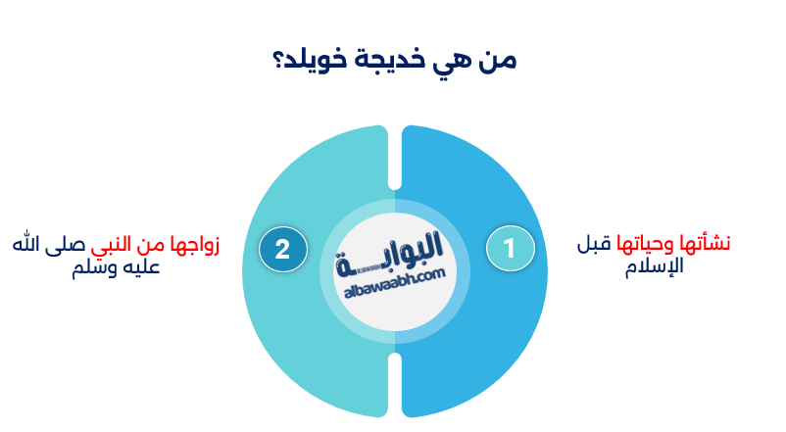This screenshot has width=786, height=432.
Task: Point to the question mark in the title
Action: point(276,59)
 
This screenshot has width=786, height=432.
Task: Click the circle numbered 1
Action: point(510,248)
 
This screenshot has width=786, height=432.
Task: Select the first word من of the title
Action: point(496,59)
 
